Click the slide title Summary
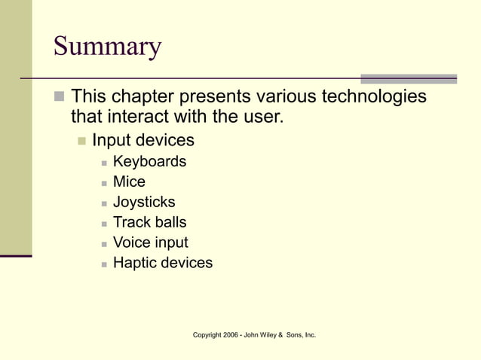(107, 47)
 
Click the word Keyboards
(149, 161)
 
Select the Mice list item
(129, 182)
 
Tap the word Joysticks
(144, 202)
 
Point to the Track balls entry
(149, 222)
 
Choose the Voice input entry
(150, 243)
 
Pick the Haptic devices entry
(163, 263)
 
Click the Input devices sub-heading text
(143, 140)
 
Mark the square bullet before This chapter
(59, 97)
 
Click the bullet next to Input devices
(81, 141)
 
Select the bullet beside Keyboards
(103, 162)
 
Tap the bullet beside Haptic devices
(103, 264)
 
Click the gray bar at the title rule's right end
(409, 78)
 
